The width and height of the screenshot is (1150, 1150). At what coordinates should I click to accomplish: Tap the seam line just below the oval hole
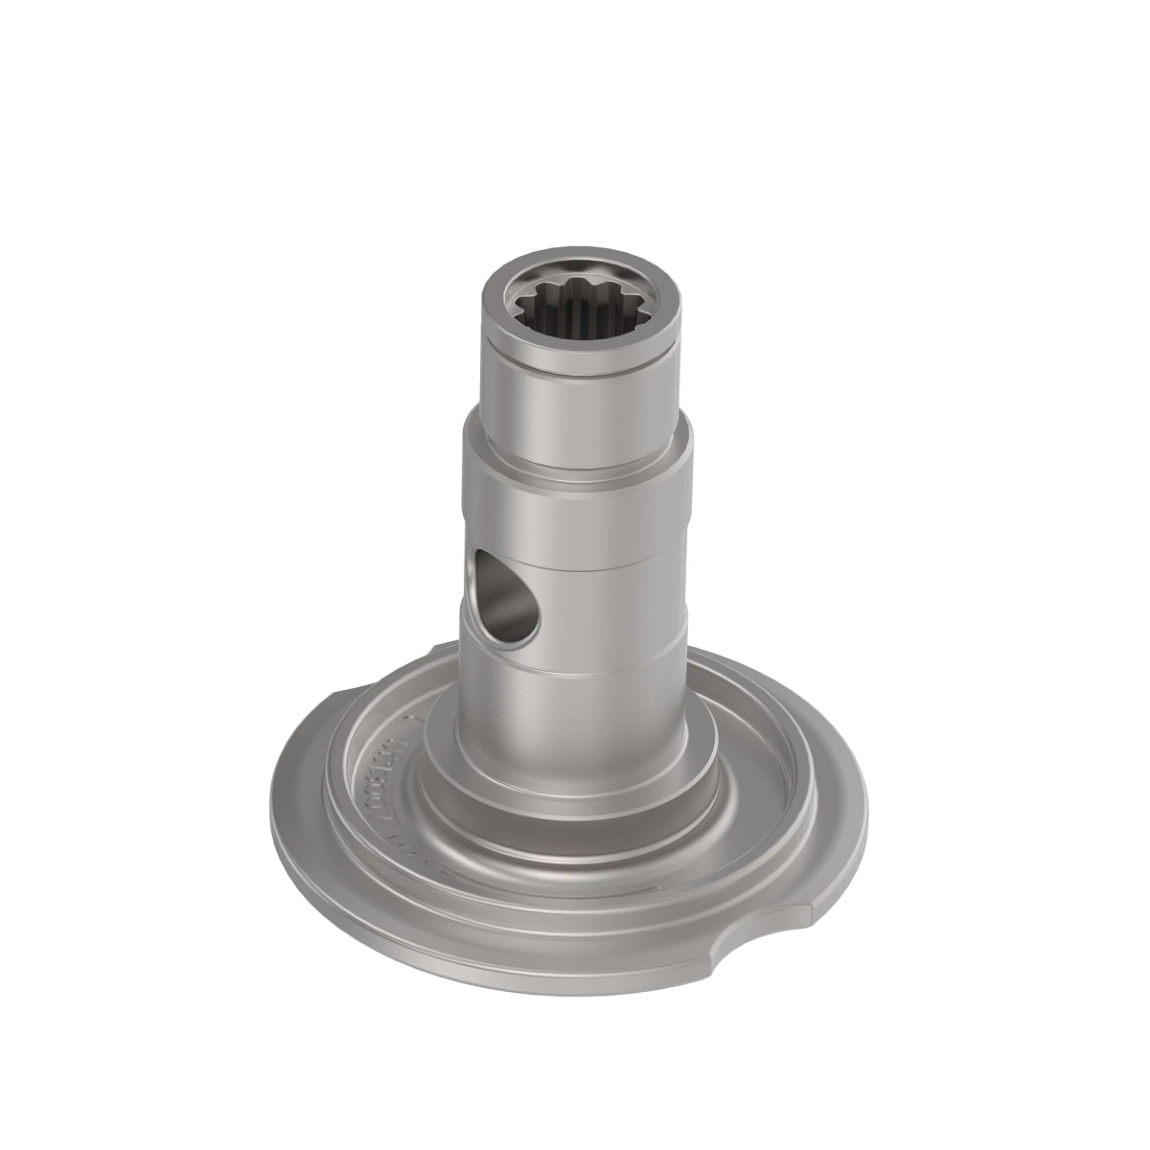click(594, 671)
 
